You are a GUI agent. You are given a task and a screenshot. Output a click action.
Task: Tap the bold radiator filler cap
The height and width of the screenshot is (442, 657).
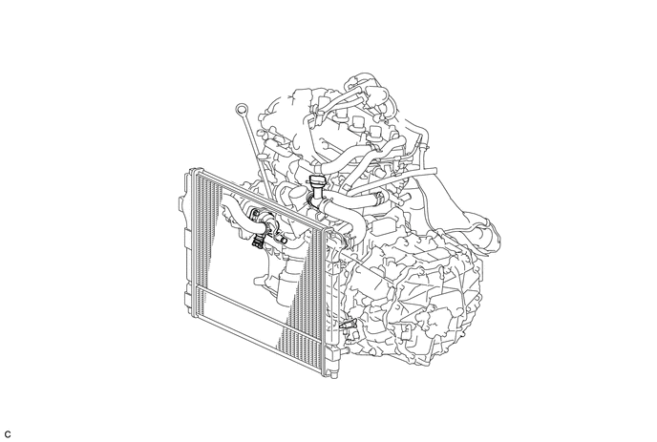click(315, 183)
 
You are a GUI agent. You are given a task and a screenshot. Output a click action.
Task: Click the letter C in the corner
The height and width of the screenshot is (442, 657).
click(7, 434)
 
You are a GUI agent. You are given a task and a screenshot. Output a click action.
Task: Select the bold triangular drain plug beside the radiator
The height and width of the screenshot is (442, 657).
click(348, 325)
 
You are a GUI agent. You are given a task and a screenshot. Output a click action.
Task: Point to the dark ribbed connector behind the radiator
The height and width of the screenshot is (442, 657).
click(257, 242)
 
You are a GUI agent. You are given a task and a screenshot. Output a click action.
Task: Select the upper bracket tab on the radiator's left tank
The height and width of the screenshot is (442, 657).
click(181, 204)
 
